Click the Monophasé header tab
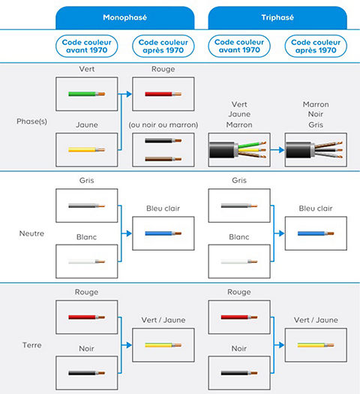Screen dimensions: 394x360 tap(124, 17)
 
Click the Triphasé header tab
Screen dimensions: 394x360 tap(277, 17)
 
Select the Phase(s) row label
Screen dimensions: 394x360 tap(31, 121)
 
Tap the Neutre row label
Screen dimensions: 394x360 tap(31, 233)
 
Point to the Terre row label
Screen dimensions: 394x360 tap(31, 346)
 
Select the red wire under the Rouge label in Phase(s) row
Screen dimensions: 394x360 tap(162, 95)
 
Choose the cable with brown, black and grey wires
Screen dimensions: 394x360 tap(315, 150)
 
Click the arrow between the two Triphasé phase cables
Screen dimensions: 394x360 tap(277, 150)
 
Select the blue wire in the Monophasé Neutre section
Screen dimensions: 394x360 tap(162, 233)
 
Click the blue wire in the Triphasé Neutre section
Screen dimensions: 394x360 tap(315, 233)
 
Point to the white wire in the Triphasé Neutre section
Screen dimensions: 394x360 tap(238, 262)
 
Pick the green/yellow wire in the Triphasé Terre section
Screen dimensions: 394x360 tap(315, 346)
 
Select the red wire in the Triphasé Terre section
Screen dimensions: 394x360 tap(238, 317)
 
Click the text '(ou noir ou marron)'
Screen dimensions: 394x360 tap(163, 124)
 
